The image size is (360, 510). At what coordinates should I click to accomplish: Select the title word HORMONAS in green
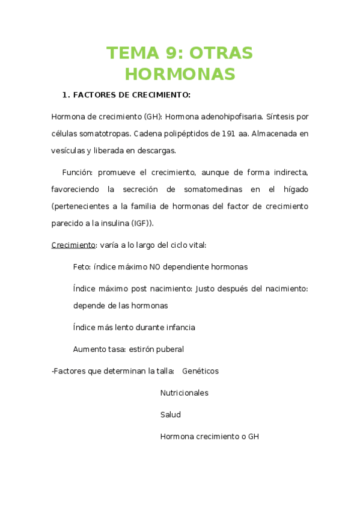(x=180, y=74)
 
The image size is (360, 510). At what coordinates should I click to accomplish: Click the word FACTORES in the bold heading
(x=96, y=95)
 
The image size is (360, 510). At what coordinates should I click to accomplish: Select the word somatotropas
(x=103, y=133)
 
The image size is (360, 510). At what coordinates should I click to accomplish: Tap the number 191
(x=228, y=133)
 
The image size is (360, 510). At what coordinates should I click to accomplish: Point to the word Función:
(x=78, y=172)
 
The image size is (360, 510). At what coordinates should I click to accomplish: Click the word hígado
(x=294, y=189)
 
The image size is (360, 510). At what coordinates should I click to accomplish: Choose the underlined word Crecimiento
(x=73, y=245)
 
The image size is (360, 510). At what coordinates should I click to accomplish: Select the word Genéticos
(x=200, y=371)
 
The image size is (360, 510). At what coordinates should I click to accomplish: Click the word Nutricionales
(x=184, y=393)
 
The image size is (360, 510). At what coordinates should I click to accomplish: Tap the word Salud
(x=170, y=414)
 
